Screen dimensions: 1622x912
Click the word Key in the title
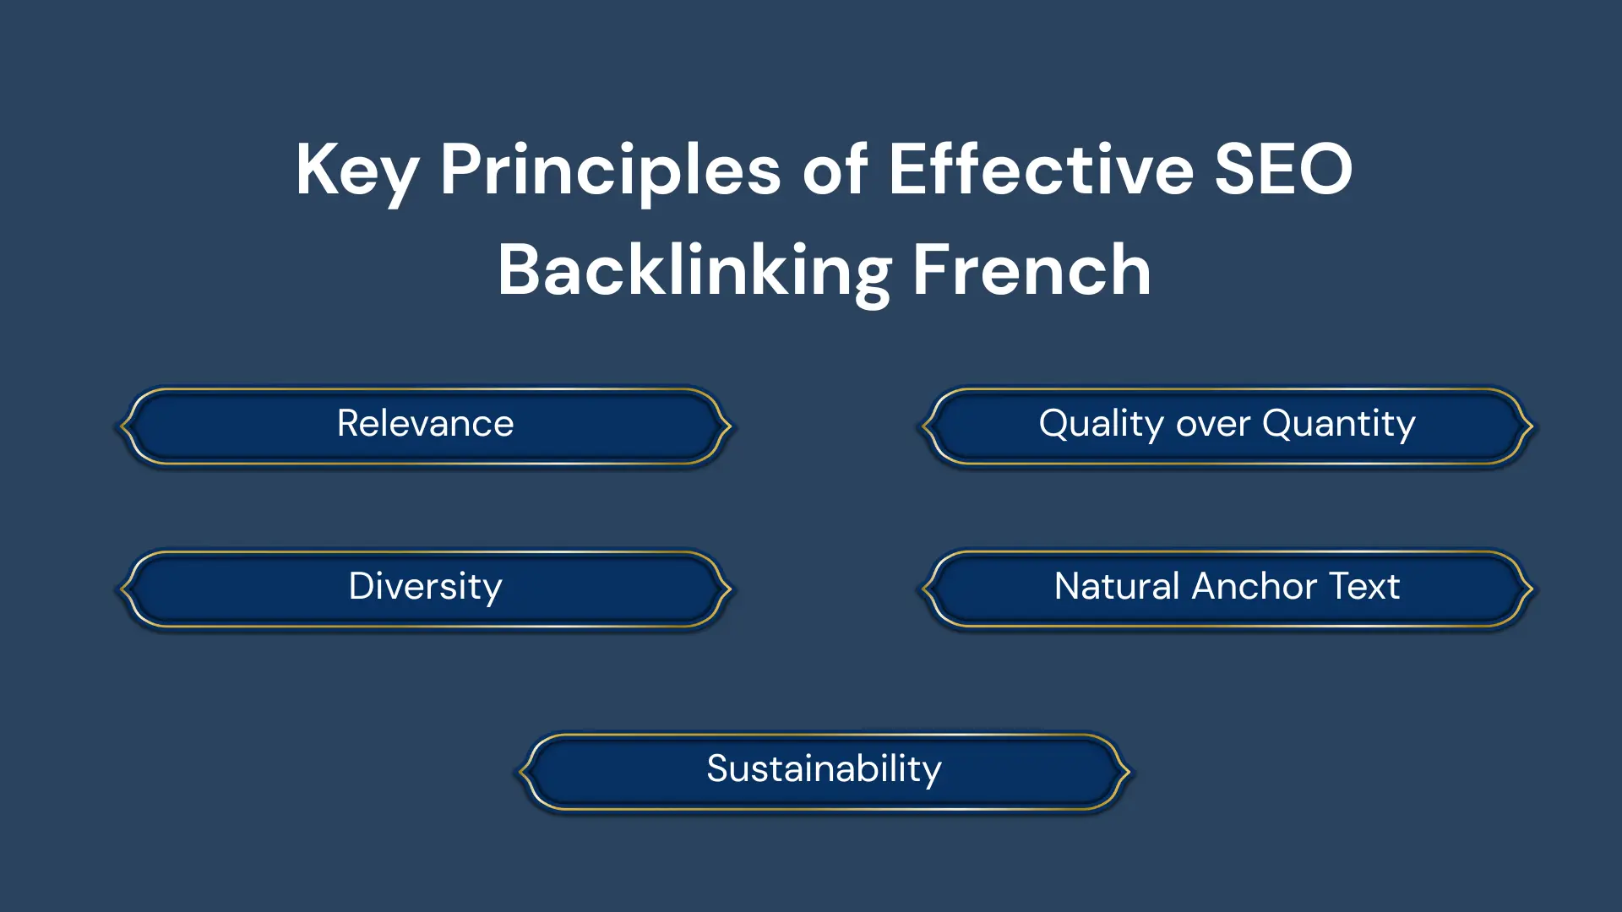click(x=357, y=172)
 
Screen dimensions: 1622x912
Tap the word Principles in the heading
click(x=610, y=172)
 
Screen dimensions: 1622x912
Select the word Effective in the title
click(x=1041, y=169)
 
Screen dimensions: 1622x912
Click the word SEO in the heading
click(x=1283, y=169)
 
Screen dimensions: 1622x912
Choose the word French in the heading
click(x=1031, y=269)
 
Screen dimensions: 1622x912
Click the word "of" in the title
click(x=835, y=169)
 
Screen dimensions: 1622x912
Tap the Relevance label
click(x=425, y=423)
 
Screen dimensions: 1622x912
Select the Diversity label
click(x=425, y=587)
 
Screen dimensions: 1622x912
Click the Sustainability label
click(x=824, y=769)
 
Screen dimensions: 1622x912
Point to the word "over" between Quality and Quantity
click(x=1213, y=426)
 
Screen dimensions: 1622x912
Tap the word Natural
click(x=1117, y=586)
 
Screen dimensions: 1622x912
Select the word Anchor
click(x=1255, y=586)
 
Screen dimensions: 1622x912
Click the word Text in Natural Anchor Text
click(x=1364, y=586)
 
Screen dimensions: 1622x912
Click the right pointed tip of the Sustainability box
click(x=1129, y=771)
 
